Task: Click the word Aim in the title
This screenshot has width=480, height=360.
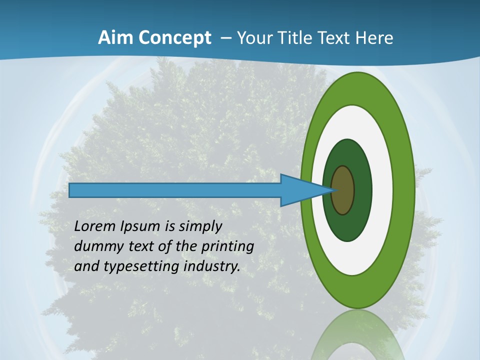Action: point(116,38)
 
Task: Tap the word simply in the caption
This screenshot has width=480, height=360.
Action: point(200,227)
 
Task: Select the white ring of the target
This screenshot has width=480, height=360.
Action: point(382,190)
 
